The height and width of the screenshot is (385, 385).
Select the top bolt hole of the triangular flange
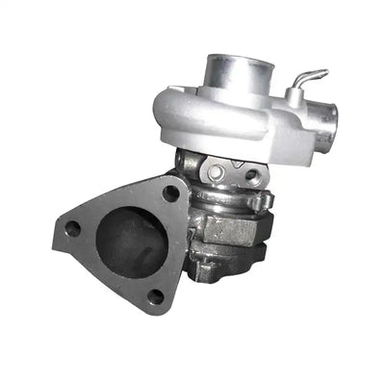(x=170, y=192)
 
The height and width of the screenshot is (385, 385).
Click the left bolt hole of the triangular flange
(x=71, y=229)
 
